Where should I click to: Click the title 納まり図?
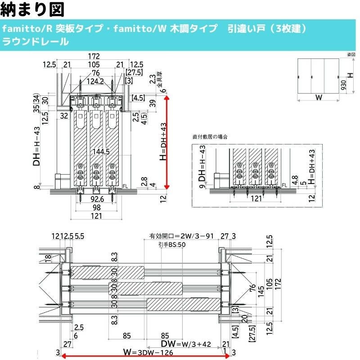pos(33,9)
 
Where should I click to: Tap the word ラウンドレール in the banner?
pos(35,42)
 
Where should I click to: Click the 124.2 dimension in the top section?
pos(95,81)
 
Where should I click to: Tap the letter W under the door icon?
pos(318,97)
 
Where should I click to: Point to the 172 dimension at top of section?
pos(93,57)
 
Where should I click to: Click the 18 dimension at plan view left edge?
pos(47,258)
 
